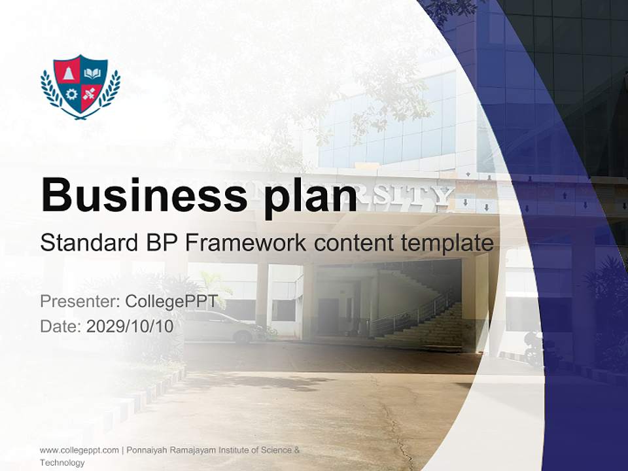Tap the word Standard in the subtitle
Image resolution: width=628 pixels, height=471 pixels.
click(x=85, y=243)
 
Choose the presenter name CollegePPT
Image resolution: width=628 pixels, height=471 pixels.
click(x=171, y=302)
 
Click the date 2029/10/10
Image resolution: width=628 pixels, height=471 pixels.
click(x=130, y=326)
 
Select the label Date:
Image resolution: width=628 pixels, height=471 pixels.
click(x=61, y=326)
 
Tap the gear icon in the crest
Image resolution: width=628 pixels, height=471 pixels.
click(x=71, y=94)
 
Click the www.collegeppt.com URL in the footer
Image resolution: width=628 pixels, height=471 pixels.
click(x=79, y=450)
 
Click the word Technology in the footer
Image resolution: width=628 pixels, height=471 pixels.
click(x=62, y=462)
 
